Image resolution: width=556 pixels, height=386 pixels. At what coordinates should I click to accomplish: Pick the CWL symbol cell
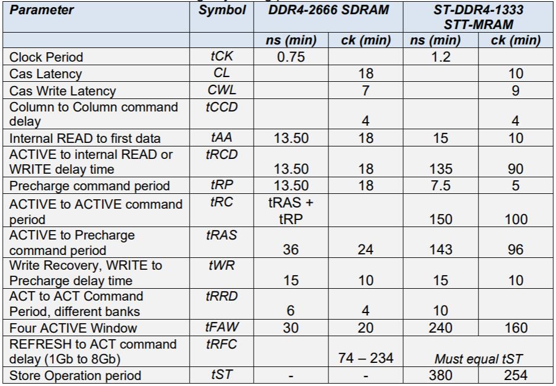click(221, 91)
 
